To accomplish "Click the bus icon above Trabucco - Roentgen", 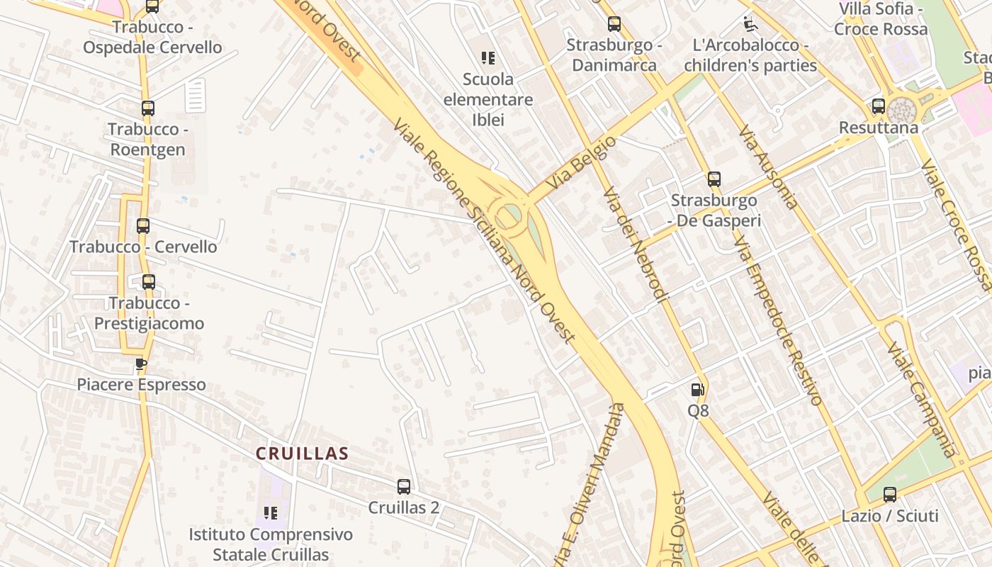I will click(x=147, y=108).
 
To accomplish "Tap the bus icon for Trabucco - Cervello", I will click(x=142, y=226).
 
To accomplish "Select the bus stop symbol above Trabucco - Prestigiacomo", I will click(x=148, y=281).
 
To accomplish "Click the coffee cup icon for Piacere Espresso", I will click(x=141, y=364).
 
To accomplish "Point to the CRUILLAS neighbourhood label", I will click(x=303, y=454).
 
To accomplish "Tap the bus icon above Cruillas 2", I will click(x=403, y=486).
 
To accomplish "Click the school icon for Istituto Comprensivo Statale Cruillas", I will click(x=271, y=512).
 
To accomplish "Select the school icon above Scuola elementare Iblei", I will click(x=487, y=58).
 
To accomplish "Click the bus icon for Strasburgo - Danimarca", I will click(x=614, y=24).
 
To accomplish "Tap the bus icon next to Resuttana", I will click(x=878, y=106).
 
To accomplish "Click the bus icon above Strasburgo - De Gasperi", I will click(x=714, y=179).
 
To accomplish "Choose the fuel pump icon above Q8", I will click(x=697, y=389).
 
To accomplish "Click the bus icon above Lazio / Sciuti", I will click(x=889, y=494).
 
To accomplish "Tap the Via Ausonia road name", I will click(x=768, y=167).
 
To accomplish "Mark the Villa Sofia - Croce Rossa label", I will click(x=881, y=19).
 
